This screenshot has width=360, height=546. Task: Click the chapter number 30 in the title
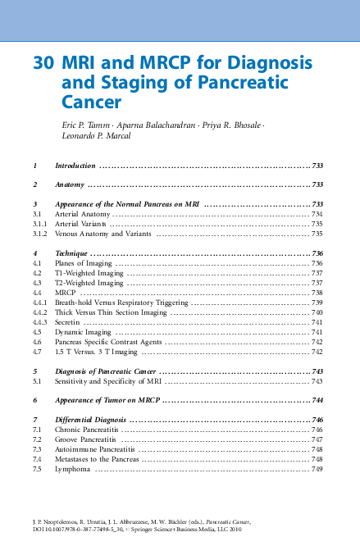pos(43,63)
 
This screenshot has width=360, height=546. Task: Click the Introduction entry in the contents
pos(75,166)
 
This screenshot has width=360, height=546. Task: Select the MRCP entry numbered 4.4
pos(65,292)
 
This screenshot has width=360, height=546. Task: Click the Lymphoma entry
pos(72,469)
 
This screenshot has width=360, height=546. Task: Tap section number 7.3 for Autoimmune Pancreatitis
pos(36,449)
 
